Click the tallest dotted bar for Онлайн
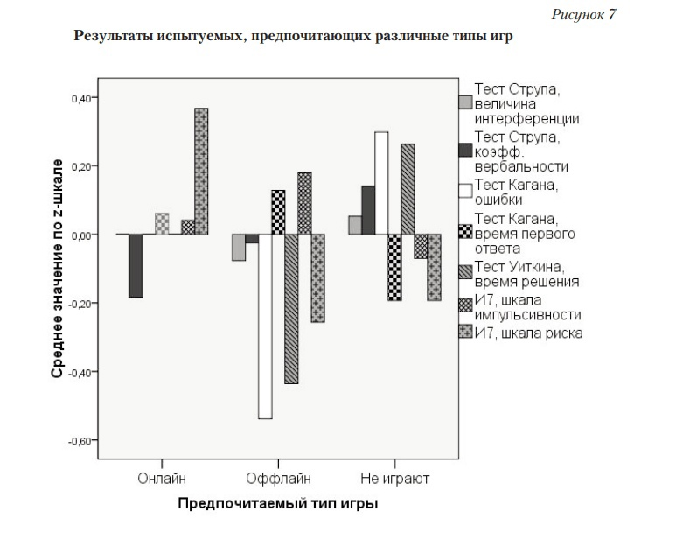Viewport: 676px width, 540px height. [200, 171]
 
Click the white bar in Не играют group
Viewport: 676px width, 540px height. [381, 183]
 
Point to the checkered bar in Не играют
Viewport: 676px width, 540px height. [394, 267]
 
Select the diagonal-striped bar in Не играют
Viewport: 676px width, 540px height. [408, 189]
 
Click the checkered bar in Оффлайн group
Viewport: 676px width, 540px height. [278, 212]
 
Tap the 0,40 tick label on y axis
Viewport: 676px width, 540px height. [80, 98]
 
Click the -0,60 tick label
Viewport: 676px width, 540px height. [78, 440]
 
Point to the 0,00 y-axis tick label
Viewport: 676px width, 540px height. [80, 235]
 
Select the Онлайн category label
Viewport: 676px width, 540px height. [161, 479]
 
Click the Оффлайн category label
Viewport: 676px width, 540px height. [278, 479]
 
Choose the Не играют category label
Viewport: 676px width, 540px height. [394, 479]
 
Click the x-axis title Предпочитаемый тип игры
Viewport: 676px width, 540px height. [278, 504]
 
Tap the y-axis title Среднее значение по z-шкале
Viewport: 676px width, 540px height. [56, 268]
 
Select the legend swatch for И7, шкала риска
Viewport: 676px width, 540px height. [465, 332]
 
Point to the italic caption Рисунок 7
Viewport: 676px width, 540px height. [583, 16]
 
